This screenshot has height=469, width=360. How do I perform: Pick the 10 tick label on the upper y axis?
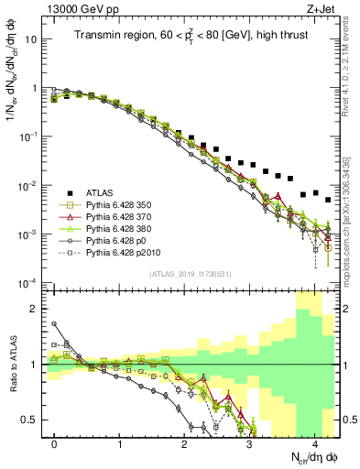32,40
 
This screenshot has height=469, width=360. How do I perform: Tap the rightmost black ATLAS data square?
328,199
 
